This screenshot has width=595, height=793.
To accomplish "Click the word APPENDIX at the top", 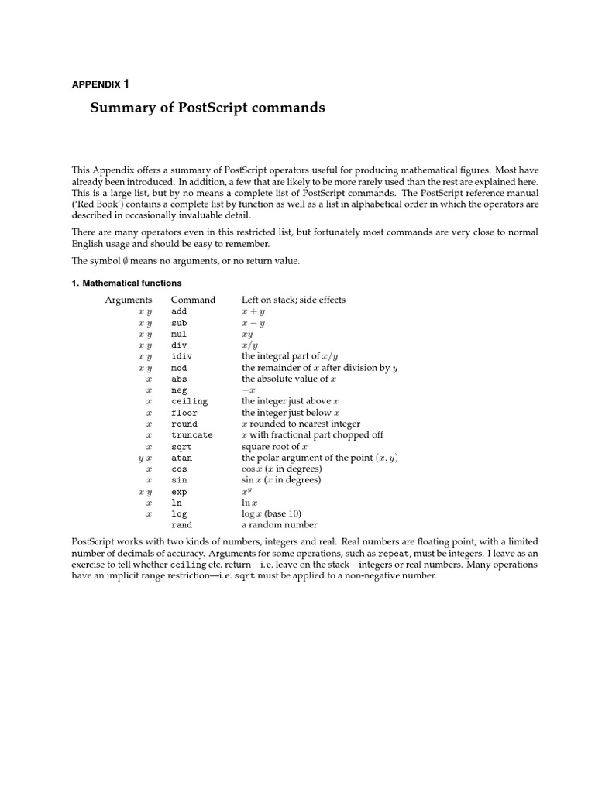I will click(x=95, y=83).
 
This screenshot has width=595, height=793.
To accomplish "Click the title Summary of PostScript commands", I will click(x=208, y=108).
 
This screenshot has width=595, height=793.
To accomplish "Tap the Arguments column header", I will click(x=129, y=300).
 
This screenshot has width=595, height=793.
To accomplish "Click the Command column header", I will click(x=193, y=300).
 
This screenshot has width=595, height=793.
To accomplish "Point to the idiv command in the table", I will click(x=181, y=356).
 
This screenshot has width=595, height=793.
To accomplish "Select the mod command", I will click(x=179, y=368).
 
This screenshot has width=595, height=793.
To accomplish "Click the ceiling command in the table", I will click(x=189, y=401).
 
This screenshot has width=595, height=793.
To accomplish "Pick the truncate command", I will click(x=191, y=435).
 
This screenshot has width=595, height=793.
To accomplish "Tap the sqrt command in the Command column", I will click(x=181, y=447).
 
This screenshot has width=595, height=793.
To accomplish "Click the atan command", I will click(x=181, y=458).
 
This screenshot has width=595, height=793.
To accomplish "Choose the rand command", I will click(x=181, y=525).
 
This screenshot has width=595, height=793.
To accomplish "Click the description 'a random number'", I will click(x=279, y=525).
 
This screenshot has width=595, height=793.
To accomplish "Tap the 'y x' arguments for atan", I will click(x=145, y=458).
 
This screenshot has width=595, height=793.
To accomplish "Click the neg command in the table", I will click(x=179, y=390).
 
